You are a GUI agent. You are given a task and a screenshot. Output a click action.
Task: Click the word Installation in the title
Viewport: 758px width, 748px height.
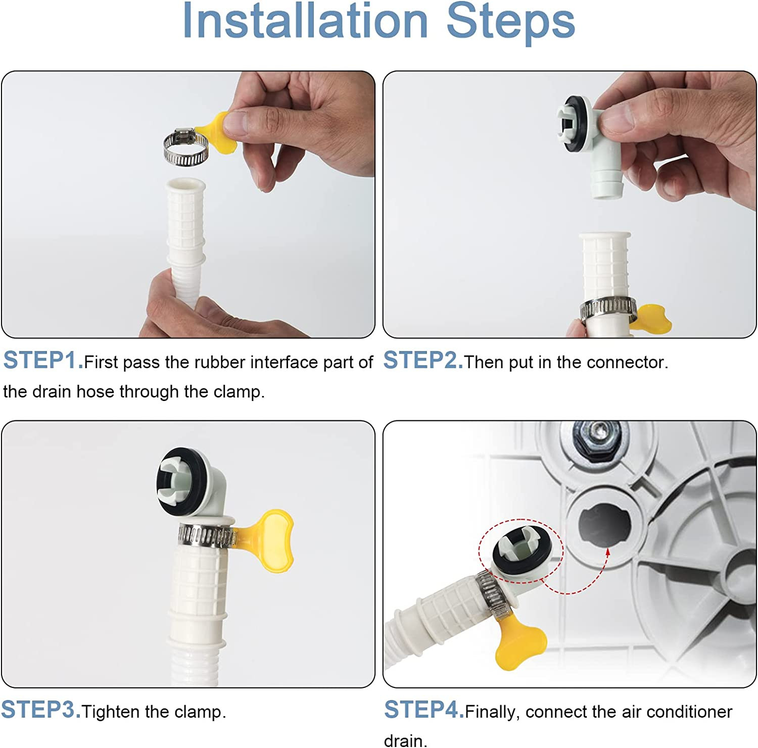305,21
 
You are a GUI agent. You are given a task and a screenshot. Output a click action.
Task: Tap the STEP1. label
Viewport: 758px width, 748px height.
43,361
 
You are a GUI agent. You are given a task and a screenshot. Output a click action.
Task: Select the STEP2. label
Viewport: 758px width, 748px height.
423,361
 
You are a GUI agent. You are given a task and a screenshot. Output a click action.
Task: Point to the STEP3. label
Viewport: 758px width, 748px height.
41,710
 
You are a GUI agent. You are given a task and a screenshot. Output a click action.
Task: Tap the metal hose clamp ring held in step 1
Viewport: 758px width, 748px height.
185,148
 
